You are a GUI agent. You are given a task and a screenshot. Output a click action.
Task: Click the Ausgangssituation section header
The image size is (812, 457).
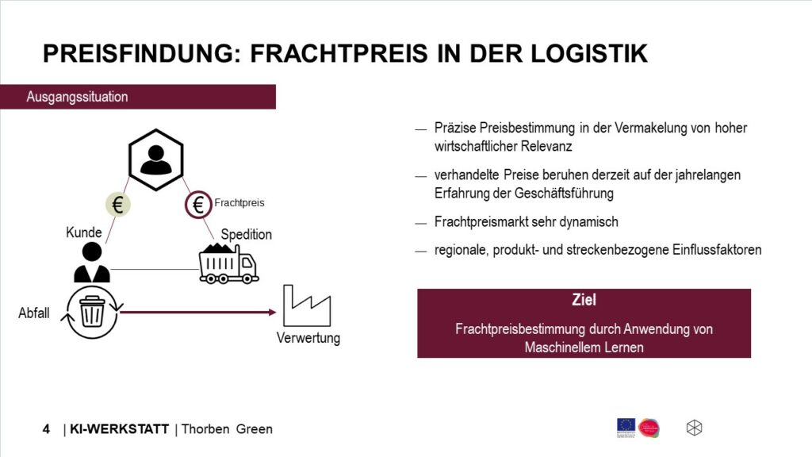(77, 97)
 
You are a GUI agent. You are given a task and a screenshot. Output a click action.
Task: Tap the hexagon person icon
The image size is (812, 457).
(156, 159)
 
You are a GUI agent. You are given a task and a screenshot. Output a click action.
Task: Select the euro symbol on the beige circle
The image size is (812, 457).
(118, 205)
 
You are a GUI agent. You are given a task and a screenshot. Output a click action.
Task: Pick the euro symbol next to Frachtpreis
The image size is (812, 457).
(197, 204)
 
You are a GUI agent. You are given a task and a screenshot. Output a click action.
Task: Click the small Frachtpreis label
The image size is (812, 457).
(239, 203)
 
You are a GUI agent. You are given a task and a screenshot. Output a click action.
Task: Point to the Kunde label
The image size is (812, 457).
(84, 233)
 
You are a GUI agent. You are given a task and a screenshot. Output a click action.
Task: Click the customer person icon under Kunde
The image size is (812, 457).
(92, 263)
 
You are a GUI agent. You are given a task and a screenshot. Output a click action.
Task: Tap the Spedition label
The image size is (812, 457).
(246, 235)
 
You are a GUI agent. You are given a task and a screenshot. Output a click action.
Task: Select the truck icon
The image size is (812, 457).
(228, 263)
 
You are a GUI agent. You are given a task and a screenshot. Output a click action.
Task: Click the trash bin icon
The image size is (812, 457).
(93, 312)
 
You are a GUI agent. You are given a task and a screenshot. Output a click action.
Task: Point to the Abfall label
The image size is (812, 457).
(34, 313)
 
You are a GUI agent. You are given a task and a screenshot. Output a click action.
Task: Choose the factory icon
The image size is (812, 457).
(307, 305)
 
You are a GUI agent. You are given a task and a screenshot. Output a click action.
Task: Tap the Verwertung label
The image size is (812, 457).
(308, 339)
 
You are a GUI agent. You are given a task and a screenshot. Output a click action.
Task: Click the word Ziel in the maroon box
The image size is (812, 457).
(584, 301)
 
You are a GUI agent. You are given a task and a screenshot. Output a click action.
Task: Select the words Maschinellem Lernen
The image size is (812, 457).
(584, 347)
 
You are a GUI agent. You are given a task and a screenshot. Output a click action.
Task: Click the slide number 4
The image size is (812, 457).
(46, 429)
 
